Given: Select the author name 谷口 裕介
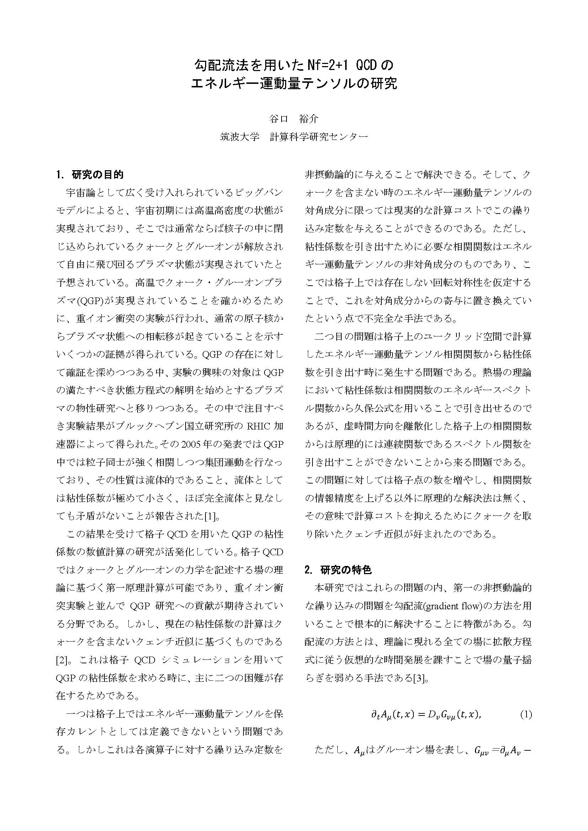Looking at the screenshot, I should click(294, 119).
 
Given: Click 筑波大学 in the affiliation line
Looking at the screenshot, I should click(240, 137).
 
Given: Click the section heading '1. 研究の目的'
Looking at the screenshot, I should click(90, 175).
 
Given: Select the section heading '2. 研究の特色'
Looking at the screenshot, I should click(338, 570).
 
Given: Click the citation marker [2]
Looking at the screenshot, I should click(62, 660).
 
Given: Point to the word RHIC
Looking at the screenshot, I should click(258, 426).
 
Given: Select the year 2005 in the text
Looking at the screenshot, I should click(194, 444).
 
